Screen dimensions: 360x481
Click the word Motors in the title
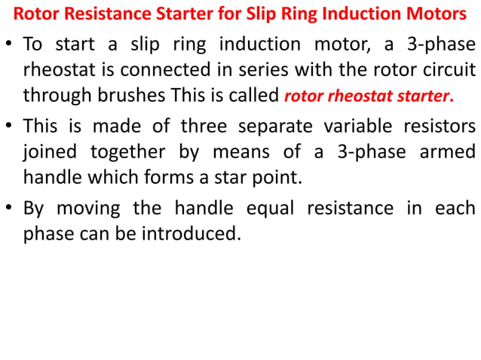pyautogui.click(x=439, y=14)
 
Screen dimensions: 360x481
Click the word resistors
pyautogui.click(x=440, y=124)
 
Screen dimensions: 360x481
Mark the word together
pyautogui.click(x=128, y=151)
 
